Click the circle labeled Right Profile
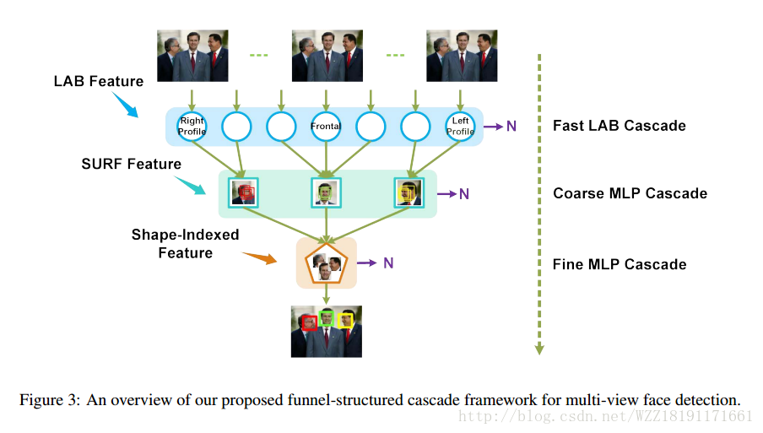click(192, 127)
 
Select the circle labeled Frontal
click(325, 127)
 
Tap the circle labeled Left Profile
click(460, 127)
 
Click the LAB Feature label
click(99, 82)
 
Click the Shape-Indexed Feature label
click(185, 243)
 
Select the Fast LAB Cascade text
click(619, 126)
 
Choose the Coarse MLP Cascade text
click(630, 193)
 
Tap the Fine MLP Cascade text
click(619, 264)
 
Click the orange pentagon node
click(326, 263)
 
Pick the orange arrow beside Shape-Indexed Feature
click(260, 257)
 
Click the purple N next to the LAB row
click(511, 126)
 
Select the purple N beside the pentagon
click(388, 263)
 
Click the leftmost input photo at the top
click(192, 56)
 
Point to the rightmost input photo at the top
click(461, 56)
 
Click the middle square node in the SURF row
click(325, 193)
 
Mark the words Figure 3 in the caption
click(50, 399)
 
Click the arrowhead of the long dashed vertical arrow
click(538, 349)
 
